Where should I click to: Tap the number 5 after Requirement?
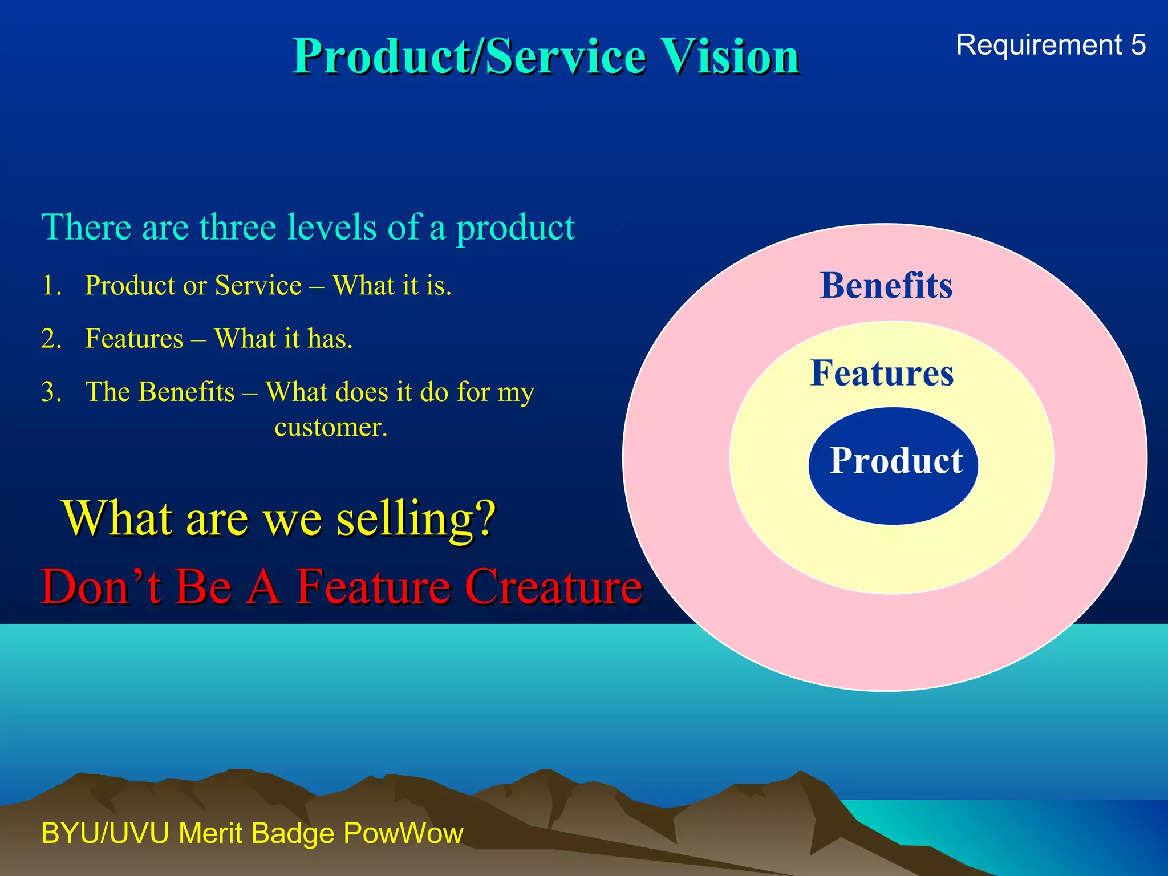tap(1138, 45)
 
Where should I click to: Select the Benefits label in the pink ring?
tap(886, 285)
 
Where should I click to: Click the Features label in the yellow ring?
tap(882, 373)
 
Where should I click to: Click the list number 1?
tap(51, 285)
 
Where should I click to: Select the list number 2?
tap(51, 339)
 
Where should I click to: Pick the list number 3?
tap(51, 392)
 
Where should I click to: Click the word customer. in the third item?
tap(331, 427)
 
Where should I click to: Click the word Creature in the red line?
tap(554, 586)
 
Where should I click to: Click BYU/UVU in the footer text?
tap(105, 833)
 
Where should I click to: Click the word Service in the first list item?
tap(258, 285)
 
